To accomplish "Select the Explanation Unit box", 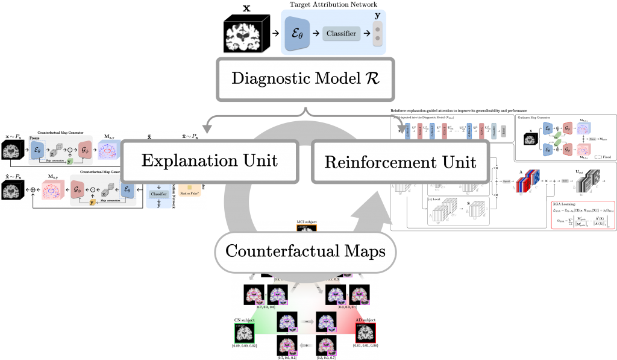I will pos(210,161).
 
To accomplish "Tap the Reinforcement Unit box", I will pos(400,162).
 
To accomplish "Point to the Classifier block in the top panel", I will pos(342,34).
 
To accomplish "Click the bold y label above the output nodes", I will pos(378,13).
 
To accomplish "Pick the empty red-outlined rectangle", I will pos(583,215).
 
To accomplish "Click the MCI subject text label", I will pos(305,222).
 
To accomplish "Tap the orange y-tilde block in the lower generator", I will pos(92,202).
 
